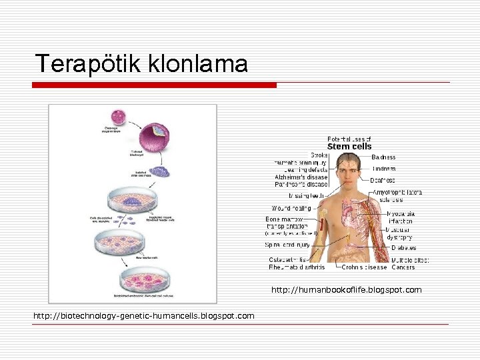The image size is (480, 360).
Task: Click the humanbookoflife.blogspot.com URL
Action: click(346, 290)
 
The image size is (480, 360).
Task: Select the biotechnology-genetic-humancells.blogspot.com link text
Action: click(144, 315)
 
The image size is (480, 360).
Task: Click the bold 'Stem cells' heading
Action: click(349, 146)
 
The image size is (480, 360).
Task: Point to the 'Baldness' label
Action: click(383, 157)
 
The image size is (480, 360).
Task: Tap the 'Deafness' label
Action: click(383, 180)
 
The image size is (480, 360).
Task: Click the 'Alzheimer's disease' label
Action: click(301, 177)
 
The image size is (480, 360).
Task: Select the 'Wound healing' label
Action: click(291, 208)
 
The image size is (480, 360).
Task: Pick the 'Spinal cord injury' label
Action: click(287, 245)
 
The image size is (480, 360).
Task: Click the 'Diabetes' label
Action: click(403, 248)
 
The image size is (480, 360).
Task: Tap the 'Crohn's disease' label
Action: click(364, 267)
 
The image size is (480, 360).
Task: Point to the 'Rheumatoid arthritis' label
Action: click(297, 267)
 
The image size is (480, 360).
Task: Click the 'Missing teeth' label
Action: click(306, 196)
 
